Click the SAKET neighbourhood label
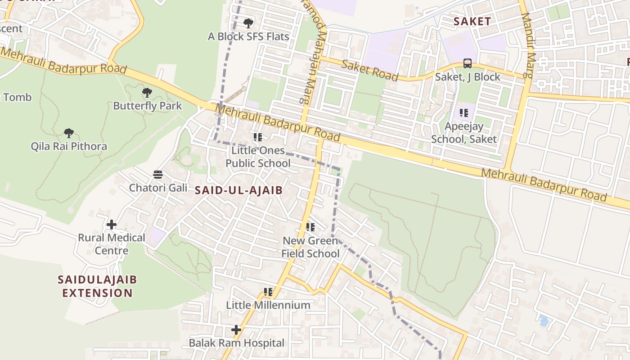tap(472, 21)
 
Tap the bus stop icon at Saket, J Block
tap(468, 63)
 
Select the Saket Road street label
tap(370, 70)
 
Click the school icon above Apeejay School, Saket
tap(463, 113)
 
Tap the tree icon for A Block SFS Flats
tap(248, 23)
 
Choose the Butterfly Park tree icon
tap(147, 93)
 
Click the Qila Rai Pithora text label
tap(69, 146)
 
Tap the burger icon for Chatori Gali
tap(158, 174)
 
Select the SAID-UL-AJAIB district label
tap(238, 190)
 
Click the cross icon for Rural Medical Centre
tap(112, 224)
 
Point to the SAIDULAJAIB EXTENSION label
tap(97, 286)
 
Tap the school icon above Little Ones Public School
tap(257, 137)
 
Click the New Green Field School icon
tap(310, 227)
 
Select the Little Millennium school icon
tap(268, 292)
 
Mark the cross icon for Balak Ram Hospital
tap(236, 330)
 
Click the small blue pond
tap(544, 321)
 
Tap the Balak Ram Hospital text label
tap(236, 343)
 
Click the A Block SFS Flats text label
tap(248, 36)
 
